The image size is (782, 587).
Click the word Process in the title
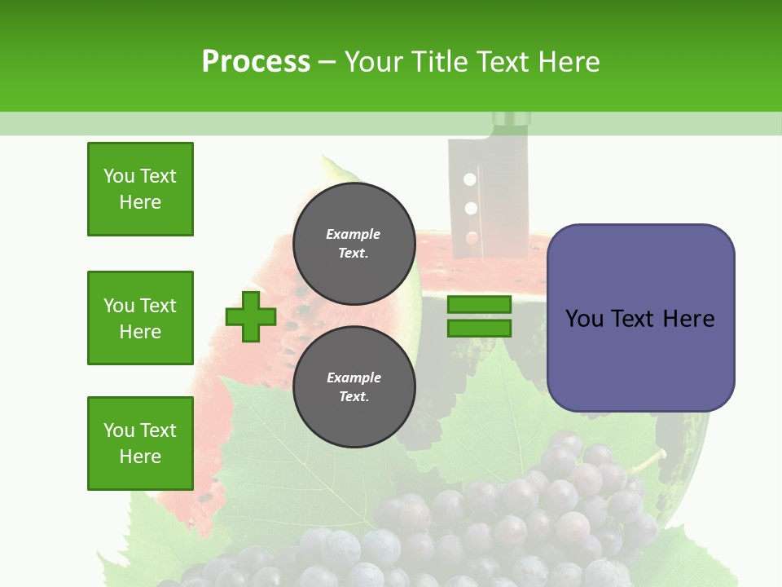(256, 62)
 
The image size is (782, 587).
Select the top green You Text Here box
(140, 189)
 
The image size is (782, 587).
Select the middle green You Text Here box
(140, 318)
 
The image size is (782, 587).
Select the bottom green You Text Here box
(140, 443)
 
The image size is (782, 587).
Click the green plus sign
(251, 316)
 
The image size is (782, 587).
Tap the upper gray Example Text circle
(354, 243)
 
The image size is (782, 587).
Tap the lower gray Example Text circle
(354, 386)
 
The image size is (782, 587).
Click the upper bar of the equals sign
(479, 304)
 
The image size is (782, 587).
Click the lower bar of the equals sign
(479, 328)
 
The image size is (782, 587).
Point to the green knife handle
(512, 120)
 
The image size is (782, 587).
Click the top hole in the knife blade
(469, 179)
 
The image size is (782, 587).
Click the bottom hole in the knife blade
(472, 238)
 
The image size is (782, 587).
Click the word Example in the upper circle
(354, 234)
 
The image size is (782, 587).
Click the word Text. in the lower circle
(354, 397)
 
